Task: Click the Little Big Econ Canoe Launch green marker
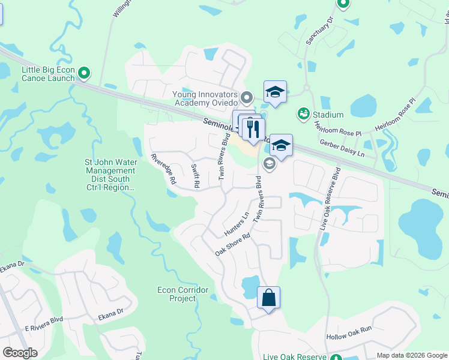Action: (x=84, y=74)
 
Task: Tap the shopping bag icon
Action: (x=268, y=297)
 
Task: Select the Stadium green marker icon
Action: (x=303, y=114)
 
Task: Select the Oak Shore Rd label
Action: (x=232, y=244)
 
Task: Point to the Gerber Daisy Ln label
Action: (x=343, y=149)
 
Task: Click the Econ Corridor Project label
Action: (x=182, y=294)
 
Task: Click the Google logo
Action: (x=20, y=353)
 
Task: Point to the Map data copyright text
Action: (x=412, y=355)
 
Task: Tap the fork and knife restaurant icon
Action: (x=253, y=128)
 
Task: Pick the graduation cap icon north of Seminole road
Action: (x=275, y=92)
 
